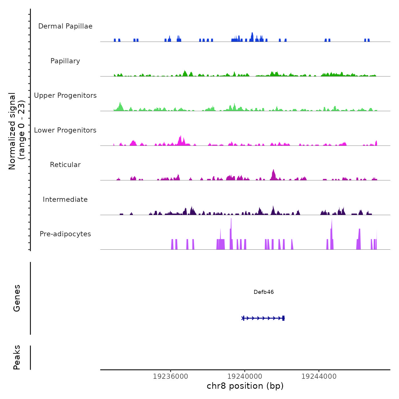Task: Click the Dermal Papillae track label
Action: click(x=65, y=26)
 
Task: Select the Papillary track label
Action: click(x=65, y=61)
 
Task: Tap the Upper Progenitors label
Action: click(x=65, y=95)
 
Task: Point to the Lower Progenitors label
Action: click(x=65, y=130)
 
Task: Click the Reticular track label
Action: click(x=65, y=165)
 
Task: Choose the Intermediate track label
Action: click(x=65, y=199)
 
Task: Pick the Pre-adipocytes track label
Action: click(x=65, y=234)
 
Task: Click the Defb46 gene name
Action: click(x=264, y=292)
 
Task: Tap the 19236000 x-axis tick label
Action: click(x=170, y=376)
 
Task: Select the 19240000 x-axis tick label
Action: click(x=245, y=376)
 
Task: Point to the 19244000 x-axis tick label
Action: click(x=319, y=376)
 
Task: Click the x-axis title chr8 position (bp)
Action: click(x=245, y=386)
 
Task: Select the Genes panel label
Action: click(x=17, y=298)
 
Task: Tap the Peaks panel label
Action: click(x=17, y=357)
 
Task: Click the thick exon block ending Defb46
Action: click(x=283, y=318)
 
